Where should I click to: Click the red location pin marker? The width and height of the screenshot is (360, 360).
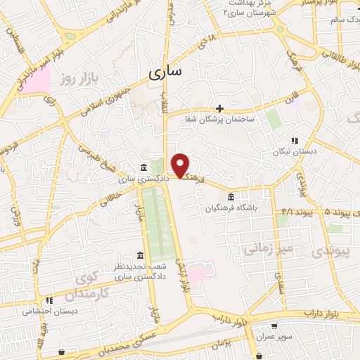tap(181, 166)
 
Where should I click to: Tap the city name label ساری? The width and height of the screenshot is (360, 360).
tap(165, 72)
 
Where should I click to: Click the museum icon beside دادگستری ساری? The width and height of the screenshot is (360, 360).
tap(143, 167)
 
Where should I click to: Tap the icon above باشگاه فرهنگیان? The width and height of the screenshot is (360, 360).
tap(231, 196)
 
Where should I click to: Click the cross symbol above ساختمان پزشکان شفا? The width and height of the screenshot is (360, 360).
tap(220, 108)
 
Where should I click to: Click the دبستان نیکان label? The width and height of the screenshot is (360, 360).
tap(295, 151)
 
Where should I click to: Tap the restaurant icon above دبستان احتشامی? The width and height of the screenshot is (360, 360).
tap(48, 300)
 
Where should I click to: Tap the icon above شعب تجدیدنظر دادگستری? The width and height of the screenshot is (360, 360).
tap(140, 255)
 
